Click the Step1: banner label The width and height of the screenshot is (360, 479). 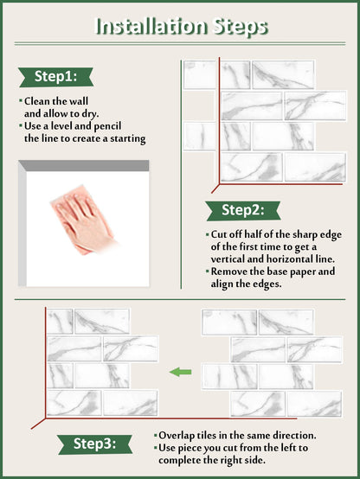click(55, 77)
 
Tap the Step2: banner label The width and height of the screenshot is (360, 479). click(243, 210)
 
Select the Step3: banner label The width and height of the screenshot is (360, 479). click(95, 444)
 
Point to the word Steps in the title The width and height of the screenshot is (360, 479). click(241, 27)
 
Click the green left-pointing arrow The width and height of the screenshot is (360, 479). click(181, 372)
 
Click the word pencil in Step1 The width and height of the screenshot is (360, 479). click(107, 126)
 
